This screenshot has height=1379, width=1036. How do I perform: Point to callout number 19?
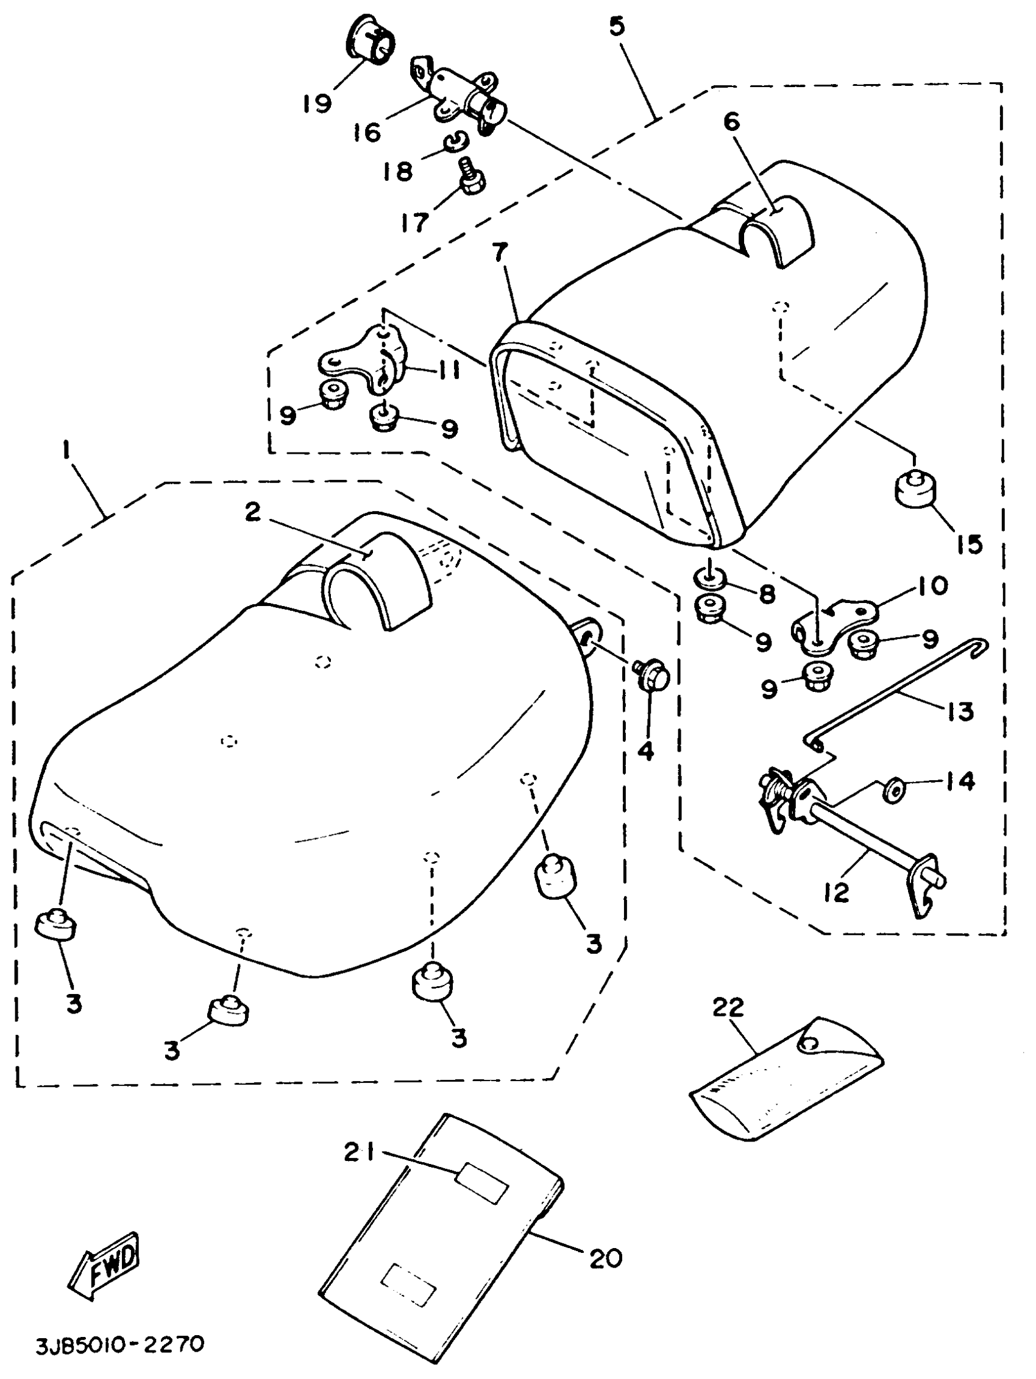point(317,103)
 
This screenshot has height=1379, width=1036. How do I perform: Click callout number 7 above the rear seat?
point(500,253)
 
